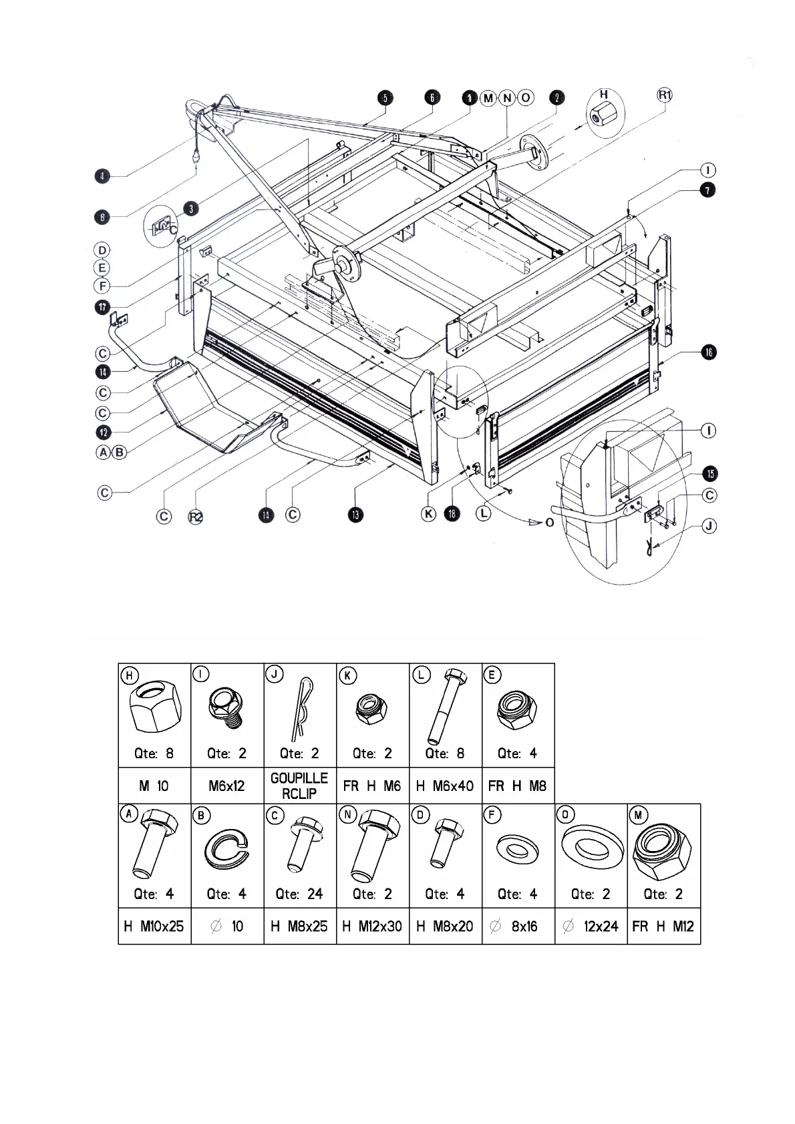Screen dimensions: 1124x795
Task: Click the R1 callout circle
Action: click(x=664, y=95)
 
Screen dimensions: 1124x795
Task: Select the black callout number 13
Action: click(x=355, y=515)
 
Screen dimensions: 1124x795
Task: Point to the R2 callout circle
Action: click(x=195, y=516)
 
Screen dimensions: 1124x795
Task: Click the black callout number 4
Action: click(x=101, y=176)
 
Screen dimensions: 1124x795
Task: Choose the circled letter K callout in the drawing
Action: click(x=428, y=515)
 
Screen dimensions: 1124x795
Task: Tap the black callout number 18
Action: click(x=453, y=515)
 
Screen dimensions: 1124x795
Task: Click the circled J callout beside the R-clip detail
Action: click(x=709, y=527)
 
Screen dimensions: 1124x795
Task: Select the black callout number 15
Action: click(x=709, y=474)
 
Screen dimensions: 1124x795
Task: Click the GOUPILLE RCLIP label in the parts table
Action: click(x=299, y=786)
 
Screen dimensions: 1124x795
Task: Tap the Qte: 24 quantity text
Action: click(x=299, y=894)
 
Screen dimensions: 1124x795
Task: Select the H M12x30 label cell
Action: click(x=372, y=926)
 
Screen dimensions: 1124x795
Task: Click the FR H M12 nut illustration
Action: click(x=663, y=848)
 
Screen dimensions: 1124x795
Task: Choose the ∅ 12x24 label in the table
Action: click(x=591, y=926)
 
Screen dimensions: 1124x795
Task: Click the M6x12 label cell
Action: click(x=227, y=786)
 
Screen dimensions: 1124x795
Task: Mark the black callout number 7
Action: click(x=707, y=190)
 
